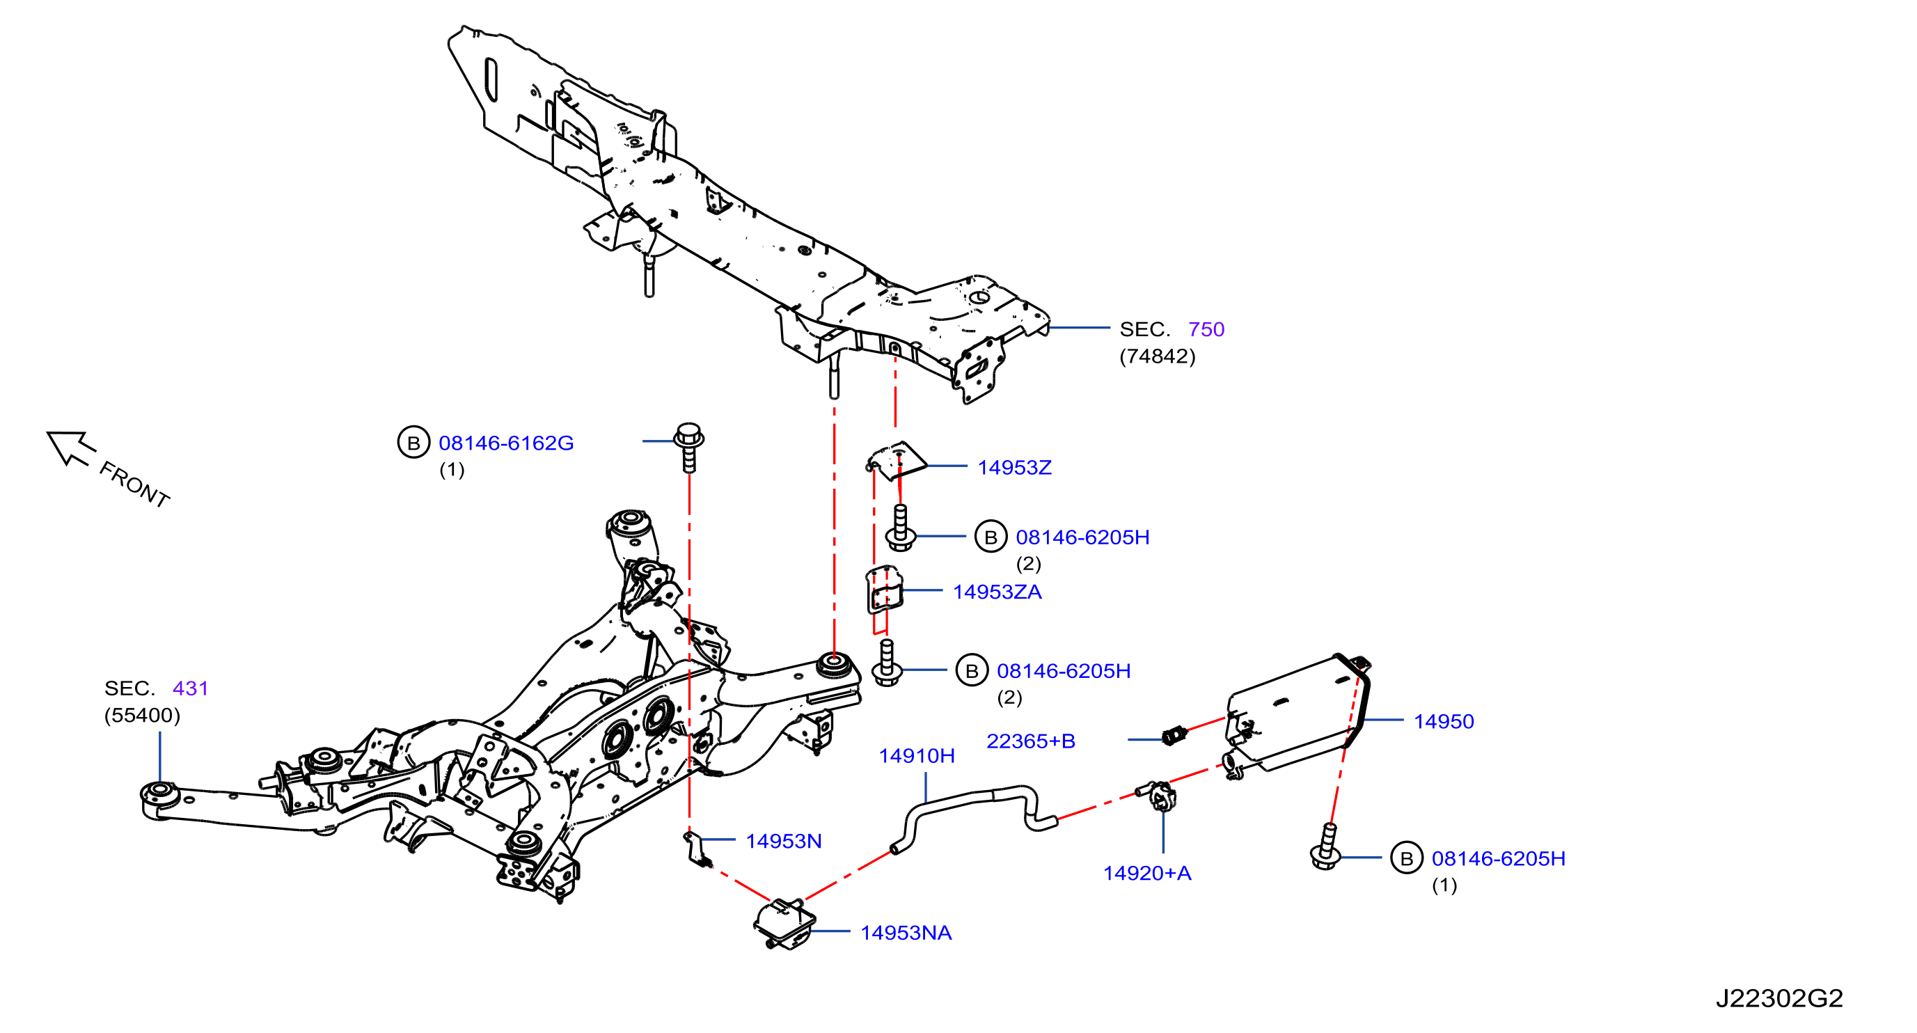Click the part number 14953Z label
point(1014,467)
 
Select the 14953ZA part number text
point(997,592)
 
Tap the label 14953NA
point(906,933)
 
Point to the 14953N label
point(784,841)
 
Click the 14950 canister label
point(1444,721)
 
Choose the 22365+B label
point(1031,741)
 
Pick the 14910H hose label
point(917,756)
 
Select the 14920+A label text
point(1146,873)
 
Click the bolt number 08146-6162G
point(506,443)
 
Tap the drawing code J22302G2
point(1779,998)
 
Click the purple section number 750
point(1206,329)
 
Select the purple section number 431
point(191,688)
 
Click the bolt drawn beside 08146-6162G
point(688,448)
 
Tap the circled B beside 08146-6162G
point(413,443)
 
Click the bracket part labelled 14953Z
point(897,462)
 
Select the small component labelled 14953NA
point(784,924)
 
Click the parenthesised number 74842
point(1157,356)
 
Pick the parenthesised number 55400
point(142,715)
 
